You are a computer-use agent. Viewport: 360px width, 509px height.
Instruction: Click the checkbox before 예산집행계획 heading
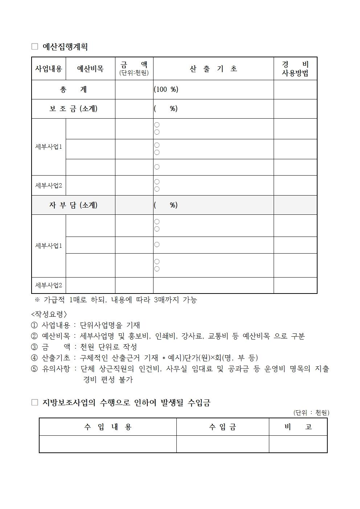pos(35,47)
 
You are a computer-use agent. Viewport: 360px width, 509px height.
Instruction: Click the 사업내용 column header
pos(49,69)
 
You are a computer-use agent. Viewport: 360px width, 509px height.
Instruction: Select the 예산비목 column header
pos(90,69)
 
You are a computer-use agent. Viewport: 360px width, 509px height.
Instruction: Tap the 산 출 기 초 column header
pos(213,69)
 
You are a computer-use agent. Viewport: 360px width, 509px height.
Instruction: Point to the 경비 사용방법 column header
pos(295,69)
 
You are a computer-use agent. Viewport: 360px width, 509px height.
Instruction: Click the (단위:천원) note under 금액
pos(134,73)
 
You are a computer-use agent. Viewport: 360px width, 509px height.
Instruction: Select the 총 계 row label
pos(73,90)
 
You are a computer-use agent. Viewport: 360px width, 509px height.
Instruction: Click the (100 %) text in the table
pos(166,90)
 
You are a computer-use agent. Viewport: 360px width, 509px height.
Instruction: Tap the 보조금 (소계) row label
pos(73,109)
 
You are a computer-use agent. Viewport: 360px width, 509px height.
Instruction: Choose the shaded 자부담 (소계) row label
pos(73,205)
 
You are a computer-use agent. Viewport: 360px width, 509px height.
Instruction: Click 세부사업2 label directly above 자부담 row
pos(49,185)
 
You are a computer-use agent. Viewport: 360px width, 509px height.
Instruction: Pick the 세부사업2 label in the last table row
pos(49,285)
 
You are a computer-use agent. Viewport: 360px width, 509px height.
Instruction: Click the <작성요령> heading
pos(49,314)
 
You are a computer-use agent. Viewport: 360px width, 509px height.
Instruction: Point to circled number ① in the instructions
pos(34,325)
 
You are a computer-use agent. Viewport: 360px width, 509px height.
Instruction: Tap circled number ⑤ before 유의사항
pos(34,369)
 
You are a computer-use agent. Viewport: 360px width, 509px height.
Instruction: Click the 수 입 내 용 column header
pos(108,427)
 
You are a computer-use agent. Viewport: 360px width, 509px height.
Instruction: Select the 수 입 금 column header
pos(222,427)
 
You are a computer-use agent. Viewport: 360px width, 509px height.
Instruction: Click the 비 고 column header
pos(298,427)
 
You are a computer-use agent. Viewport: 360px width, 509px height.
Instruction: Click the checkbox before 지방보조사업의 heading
pos(35,403)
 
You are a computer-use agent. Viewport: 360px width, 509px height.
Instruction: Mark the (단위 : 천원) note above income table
pos(311,412)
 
